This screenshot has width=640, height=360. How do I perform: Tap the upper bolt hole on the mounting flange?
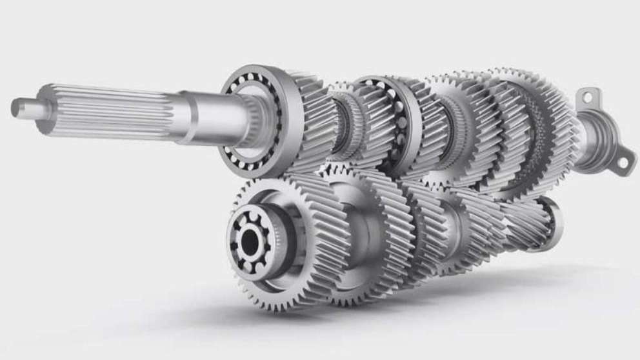[586, 98]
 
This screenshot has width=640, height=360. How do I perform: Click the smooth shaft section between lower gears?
[361, 226]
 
